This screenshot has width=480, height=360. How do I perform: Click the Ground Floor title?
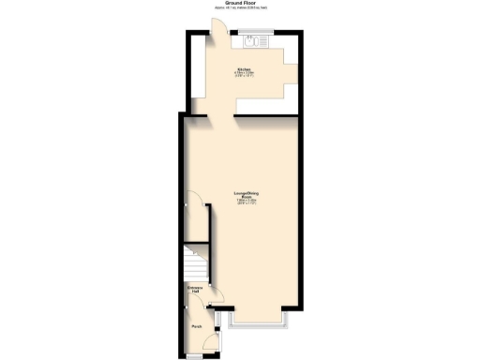(x=240, y=3)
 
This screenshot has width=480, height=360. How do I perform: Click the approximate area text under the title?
(x=240, y=8)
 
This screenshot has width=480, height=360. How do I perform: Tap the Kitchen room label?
(x=244, y=69)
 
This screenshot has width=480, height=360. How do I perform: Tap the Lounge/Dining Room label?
(x=247, y=195)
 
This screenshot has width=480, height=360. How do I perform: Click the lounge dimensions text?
(x=247, y=203)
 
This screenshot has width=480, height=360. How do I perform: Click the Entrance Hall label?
(x=195, y=290)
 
